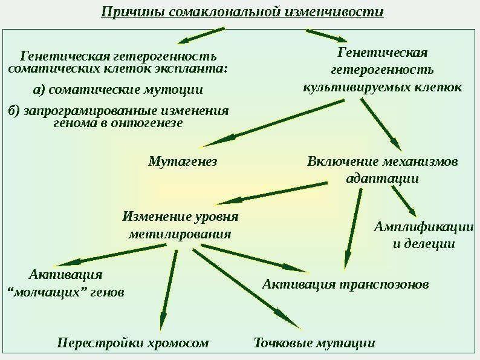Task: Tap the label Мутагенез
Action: tap(183, 162)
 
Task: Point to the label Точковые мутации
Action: tap(313, 344)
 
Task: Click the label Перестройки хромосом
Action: tap(133, 344)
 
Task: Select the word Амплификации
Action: tap(423, 227)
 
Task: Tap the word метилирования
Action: tap(180, 234)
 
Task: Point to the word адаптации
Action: tap(382, 179)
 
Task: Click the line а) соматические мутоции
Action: tap(118, 90)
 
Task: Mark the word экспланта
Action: tap(194, 68)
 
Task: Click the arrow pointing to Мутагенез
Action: tap(272, 124)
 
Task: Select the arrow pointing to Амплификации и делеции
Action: tap(404, 201)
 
